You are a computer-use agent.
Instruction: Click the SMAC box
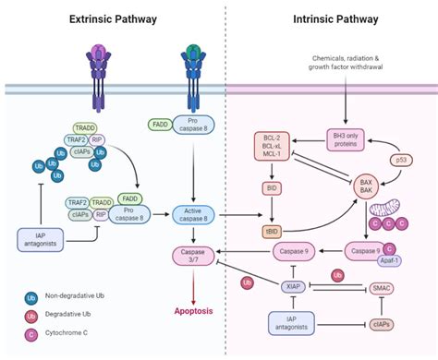coord(380,287)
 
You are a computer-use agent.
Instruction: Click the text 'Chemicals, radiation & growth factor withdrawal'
coord(344,66)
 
